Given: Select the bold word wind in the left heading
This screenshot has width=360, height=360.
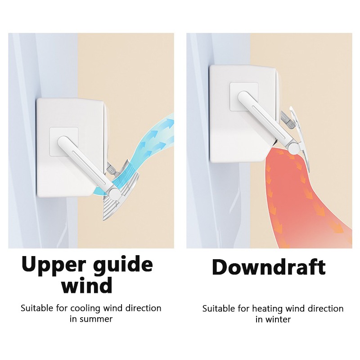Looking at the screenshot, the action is pyautogui.click(x=87, y=285).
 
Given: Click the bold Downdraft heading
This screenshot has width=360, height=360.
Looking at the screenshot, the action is pyautogui.click(x=269, y=266).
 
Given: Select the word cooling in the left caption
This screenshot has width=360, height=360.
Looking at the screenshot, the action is pyautogui.click(x=86, y=308).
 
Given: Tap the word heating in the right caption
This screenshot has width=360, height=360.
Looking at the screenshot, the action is pyautogui.click(x=267, y=309).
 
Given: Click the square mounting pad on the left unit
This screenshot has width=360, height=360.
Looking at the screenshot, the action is pyautogui.click(x=64, y=142).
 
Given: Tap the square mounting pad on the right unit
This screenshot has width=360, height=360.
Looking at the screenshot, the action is pyautogui.click(x=244, y=96).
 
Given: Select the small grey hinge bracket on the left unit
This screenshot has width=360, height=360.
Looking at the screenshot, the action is pyautogui.click(x=112, y=168).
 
